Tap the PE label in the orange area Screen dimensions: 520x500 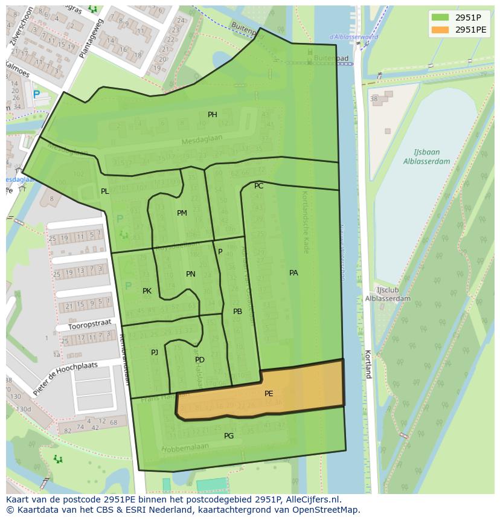click(x=269, y=394)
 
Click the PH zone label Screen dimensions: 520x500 click(x=213, y=115)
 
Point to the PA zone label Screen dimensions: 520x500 click(x=293, y=273)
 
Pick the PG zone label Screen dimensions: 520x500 click(x=229, y=436)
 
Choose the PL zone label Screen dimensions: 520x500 click(x=105, y=191)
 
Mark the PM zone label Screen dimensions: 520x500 click(x=182, y=213)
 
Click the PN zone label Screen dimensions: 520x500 click(x=191, y=274)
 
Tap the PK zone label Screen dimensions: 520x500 click(x=147, y=291)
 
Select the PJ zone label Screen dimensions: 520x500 click(x=155, y=352)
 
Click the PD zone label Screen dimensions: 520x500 click(x=200, y=360)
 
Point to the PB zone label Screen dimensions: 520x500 click(x=237, y=312)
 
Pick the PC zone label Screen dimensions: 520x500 click(x=258, y=186)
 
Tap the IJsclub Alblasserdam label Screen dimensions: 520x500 click(x=388, y=294)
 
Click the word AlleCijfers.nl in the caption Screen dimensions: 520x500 click(x=311, y=499)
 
